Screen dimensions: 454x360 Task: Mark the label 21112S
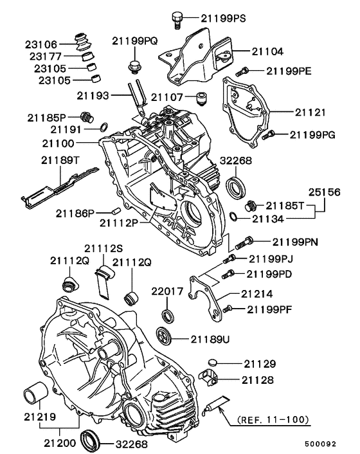coord(99,249)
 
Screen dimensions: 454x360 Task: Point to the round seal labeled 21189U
coord(165,335)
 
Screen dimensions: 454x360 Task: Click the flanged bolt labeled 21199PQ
coord(134,66)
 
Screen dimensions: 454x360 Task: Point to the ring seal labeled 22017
coord(168,315)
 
